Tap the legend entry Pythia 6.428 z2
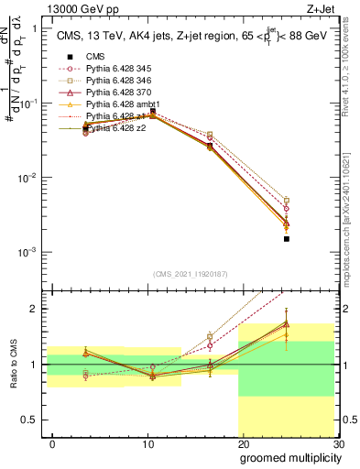(117, 129)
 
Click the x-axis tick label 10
(148, 443)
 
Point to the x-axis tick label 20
(244, 443)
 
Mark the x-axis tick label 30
(337, 443)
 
